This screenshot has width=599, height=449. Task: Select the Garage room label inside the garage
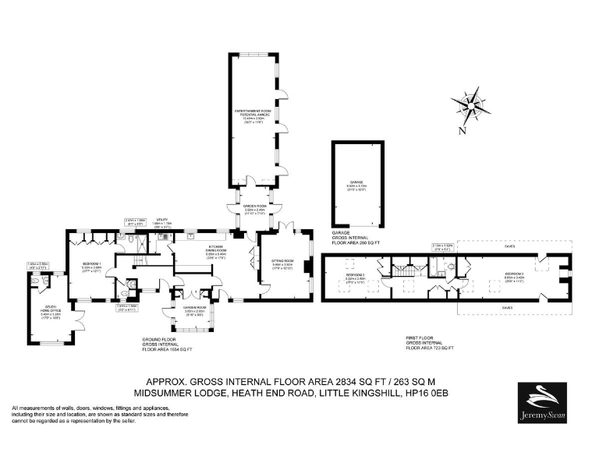tap(356, 187)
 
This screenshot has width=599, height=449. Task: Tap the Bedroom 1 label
tap(93, 267)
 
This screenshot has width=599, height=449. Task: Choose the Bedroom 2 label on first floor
tap(514, 275)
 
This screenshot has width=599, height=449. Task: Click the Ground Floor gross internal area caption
tap(167, 345)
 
